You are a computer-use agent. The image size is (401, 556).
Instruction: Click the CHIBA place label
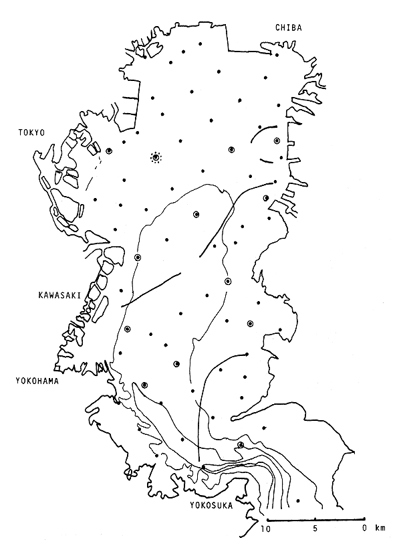click(x=288, y=27)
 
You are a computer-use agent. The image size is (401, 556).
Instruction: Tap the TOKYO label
click(x=31, y=133)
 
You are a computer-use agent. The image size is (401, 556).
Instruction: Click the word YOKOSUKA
click(x=211, y=506)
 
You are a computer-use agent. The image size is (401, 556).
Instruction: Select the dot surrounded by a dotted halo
click(x=156, y=158)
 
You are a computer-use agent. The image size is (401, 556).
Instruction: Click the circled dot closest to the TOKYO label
click(x=108, y=151)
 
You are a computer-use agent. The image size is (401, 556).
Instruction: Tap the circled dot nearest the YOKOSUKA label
click(x=241, y=445)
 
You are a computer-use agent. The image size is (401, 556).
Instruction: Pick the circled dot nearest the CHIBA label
click(x=277, y=141)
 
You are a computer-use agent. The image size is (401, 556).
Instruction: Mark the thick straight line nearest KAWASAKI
click(x=151, y=290)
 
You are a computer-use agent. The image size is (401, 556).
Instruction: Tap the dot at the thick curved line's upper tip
click(x=247, y=354)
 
